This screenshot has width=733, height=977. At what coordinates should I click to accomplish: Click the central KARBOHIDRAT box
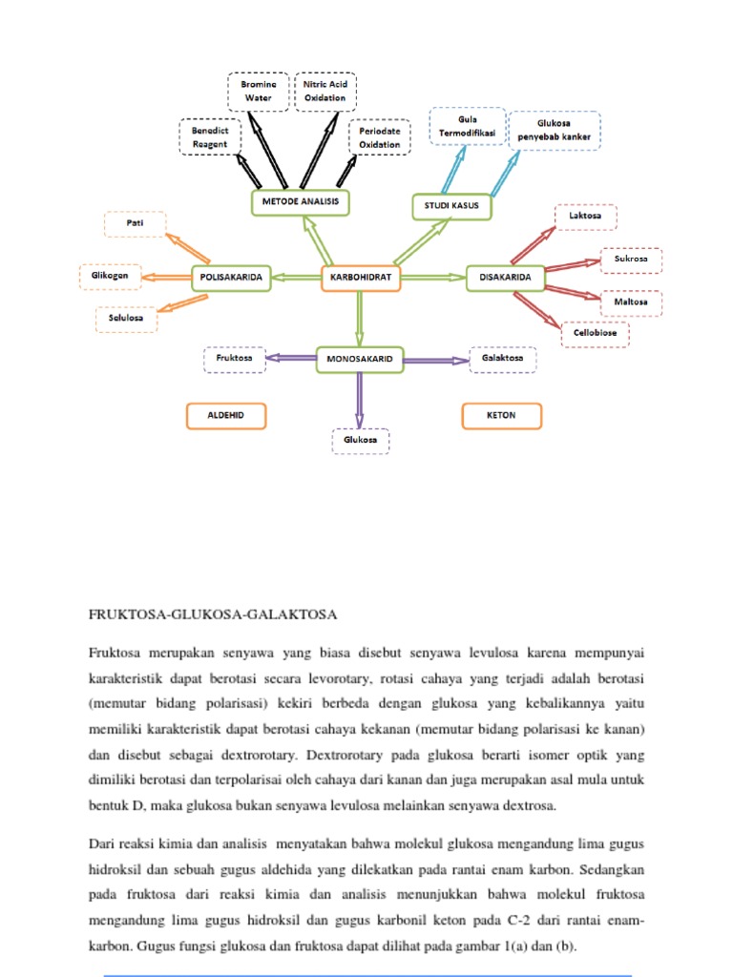[361, 278]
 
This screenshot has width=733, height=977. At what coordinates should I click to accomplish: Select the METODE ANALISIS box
[300, 202]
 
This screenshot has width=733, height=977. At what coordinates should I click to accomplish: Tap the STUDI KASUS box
[451, 206]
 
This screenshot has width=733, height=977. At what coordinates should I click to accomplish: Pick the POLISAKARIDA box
[231, 278]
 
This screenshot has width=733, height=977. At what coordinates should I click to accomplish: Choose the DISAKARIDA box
[505, 279]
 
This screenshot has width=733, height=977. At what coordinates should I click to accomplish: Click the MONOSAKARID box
[360, 359]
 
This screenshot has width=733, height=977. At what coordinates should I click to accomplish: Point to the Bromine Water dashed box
[258, 91]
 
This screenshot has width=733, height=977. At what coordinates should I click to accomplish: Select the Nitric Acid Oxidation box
[325, 91]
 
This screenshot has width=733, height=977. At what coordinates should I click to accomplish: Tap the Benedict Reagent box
[209, 136]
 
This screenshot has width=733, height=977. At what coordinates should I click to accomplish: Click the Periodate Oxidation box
[380, 136]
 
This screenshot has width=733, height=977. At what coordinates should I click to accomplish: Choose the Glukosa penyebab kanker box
[555, 130]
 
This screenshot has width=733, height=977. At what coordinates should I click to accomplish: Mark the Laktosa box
[585, 217]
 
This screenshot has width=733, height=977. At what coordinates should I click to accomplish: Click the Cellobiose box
[595, 333]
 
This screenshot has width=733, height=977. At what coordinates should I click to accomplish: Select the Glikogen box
[111, 277]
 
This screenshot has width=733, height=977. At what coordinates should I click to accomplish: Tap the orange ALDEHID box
[225, 416]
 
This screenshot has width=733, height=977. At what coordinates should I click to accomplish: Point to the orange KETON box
[501, 416]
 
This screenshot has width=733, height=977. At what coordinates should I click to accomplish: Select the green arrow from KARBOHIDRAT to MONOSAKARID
[360, 317]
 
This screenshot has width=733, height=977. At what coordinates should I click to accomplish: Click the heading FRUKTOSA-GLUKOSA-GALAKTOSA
[214, 613]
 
